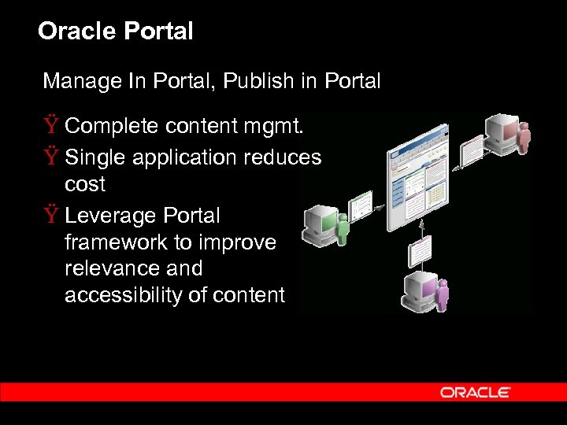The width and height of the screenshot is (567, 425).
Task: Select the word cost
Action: (x=84, y=185)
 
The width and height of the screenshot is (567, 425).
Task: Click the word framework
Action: (x=114, y=242)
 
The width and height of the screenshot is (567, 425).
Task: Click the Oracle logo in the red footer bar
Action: (x=476, y=392)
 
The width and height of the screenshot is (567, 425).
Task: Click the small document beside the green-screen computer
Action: (x=361, y=206)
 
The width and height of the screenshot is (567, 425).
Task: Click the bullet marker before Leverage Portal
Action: (x=51, y=216)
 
